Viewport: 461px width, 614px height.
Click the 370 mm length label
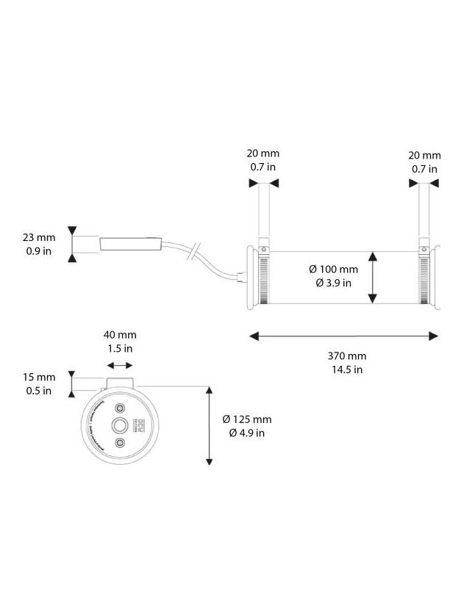347,356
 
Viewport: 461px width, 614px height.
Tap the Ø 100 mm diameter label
333,270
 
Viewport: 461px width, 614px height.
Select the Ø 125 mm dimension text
247,419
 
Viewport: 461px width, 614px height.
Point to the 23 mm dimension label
39,237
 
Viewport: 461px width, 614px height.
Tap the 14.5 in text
347,369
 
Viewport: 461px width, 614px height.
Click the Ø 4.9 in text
247,433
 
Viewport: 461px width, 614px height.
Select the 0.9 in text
39,250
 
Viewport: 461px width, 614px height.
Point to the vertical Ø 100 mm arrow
373,277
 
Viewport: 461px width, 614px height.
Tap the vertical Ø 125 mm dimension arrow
210,426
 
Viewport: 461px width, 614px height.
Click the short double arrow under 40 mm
120,365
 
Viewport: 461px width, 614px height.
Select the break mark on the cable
194,251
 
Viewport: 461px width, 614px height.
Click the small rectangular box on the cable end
130,245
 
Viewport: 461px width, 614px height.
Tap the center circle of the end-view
119,425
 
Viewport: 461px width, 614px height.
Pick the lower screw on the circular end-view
119,443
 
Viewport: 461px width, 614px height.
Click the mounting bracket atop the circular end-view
120,383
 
